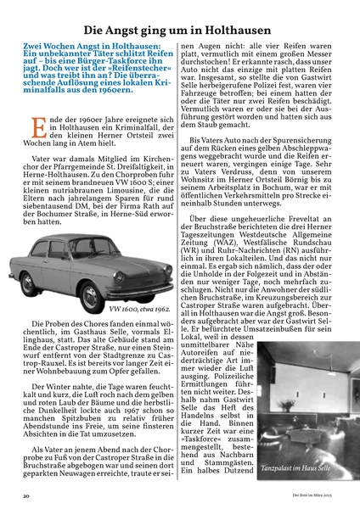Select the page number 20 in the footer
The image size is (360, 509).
tap(27, 493)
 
